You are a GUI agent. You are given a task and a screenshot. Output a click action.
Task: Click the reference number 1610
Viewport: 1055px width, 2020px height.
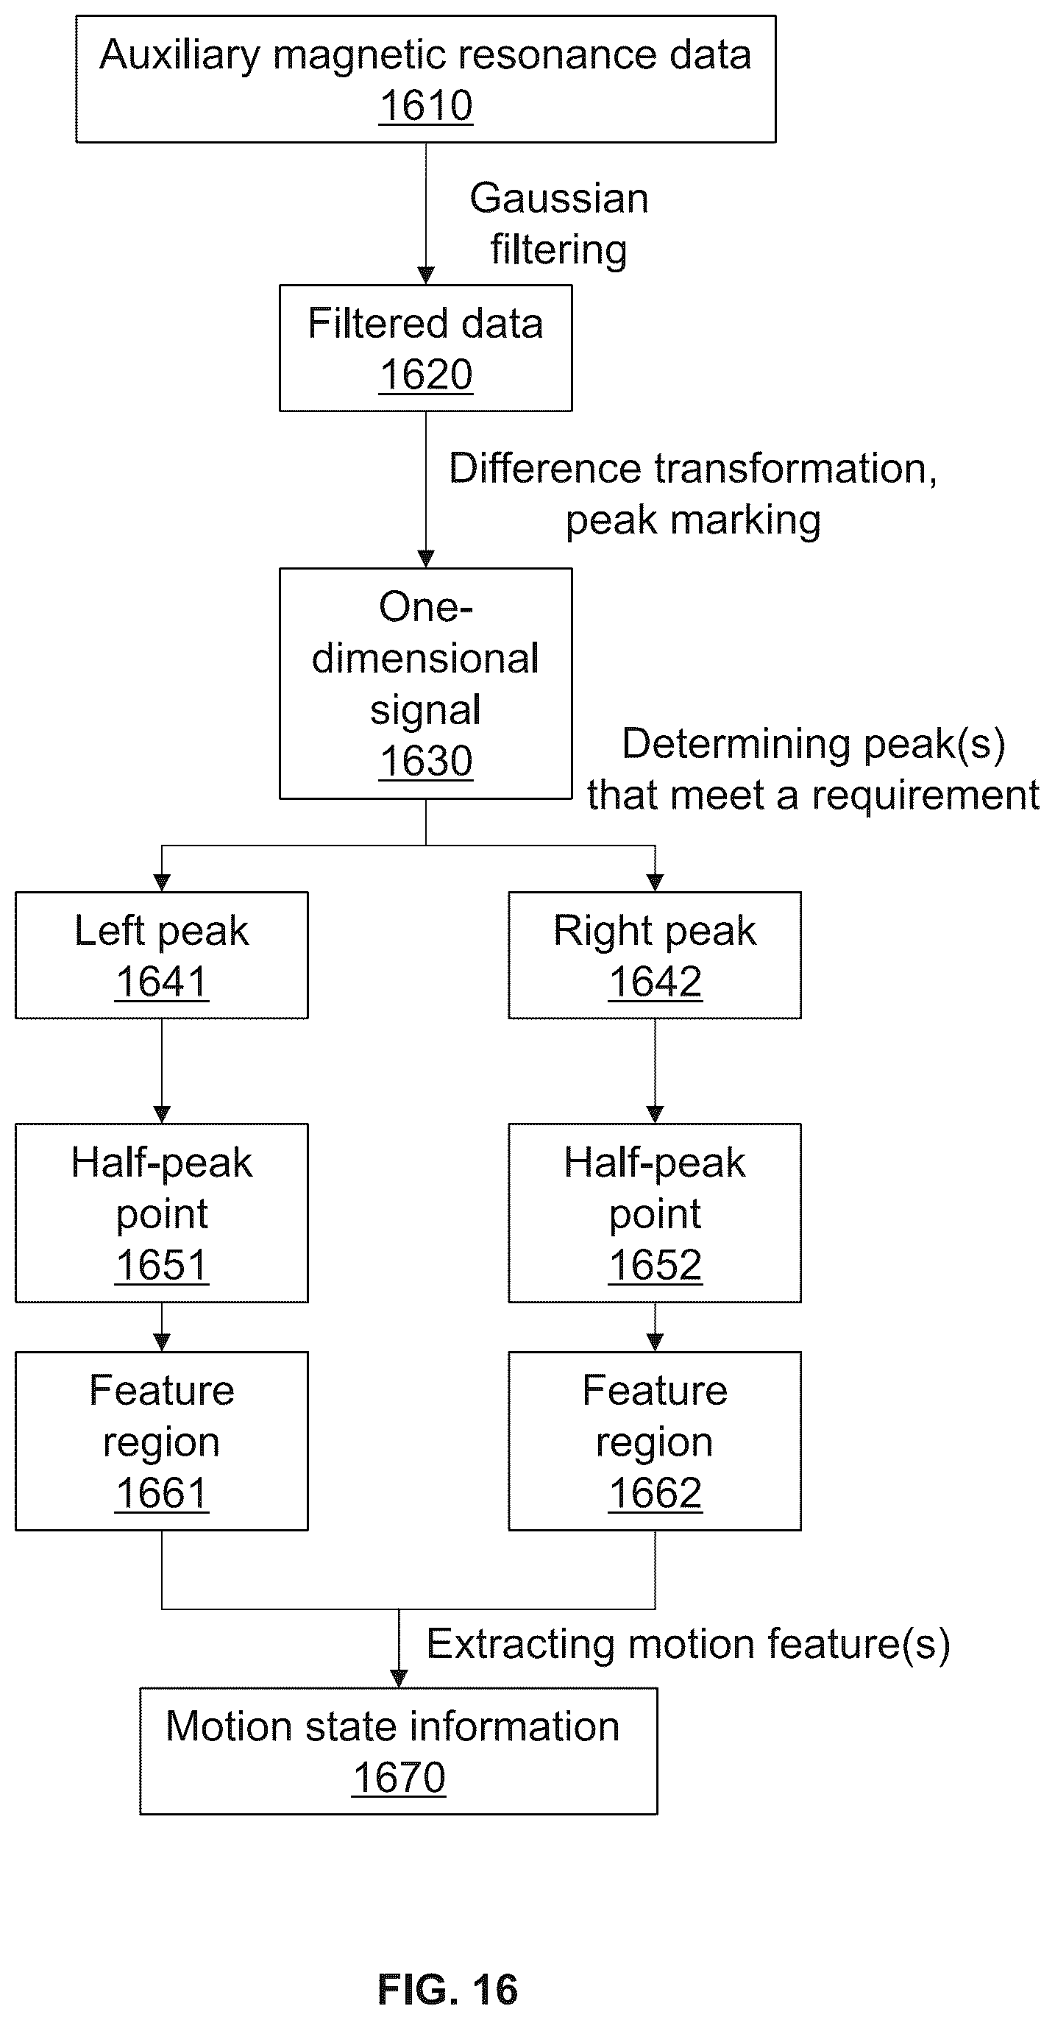coord(426,106)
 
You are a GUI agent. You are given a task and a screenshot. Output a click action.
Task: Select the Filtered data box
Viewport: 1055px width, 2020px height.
coord(426,348)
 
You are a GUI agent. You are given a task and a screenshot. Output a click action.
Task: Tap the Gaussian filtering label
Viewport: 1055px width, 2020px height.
coord(559,224)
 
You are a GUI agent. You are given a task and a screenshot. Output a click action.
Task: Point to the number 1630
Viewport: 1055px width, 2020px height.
coord(426,762)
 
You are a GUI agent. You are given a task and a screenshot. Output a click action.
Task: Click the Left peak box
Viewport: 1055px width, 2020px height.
coord(161,955)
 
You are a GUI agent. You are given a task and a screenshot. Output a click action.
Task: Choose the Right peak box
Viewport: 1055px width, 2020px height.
coord(655,955)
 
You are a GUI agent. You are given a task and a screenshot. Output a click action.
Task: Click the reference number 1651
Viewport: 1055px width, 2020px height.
coord(161,1265)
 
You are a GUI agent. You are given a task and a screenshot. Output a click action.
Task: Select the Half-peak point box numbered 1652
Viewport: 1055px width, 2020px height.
coord(655,1213)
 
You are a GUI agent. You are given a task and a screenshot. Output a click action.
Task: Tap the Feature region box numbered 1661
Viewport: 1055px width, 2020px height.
coord(161,1442)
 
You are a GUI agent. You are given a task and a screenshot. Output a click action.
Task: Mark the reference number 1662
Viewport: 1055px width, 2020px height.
coord(656,1493)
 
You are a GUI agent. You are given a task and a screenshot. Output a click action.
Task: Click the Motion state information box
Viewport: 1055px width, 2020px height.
coord(398,1751)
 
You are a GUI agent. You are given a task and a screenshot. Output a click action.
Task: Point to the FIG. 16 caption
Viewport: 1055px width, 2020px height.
coord(447,1989)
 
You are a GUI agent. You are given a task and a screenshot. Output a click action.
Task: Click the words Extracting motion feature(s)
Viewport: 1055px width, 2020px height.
coord(688,1644)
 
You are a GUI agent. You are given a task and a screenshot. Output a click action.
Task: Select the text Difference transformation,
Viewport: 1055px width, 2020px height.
coord(693,469)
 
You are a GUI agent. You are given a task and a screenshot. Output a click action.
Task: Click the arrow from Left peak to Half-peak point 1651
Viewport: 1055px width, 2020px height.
coord(161,1071)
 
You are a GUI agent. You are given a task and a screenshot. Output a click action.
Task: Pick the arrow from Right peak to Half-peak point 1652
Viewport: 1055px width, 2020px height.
coord(655,1071)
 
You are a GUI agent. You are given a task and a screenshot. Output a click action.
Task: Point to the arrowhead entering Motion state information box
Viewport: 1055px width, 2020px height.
coord(399,1679)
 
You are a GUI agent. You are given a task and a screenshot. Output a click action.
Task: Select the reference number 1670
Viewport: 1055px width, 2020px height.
coord(399,1778)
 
